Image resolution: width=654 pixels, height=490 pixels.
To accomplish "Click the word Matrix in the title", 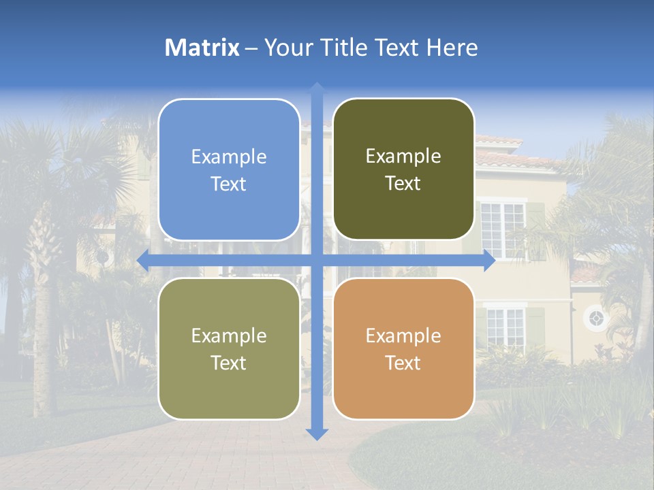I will coord(202,48).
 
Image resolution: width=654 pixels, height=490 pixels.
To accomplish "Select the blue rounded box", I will coord(229,169).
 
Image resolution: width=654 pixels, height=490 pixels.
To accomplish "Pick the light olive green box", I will coord(229,348).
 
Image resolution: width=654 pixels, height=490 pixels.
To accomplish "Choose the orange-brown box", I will coord(403,348).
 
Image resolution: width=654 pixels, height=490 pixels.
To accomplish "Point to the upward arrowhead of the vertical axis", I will coord(317,89).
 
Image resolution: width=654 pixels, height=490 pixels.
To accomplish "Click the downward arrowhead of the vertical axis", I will coord(317,434).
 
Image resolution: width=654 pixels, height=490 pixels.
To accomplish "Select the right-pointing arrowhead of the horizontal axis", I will coord(489,261).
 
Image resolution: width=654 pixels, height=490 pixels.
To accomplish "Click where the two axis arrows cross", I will coord(317,261).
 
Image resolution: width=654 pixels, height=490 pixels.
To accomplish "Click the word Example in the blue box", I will coord(229,157).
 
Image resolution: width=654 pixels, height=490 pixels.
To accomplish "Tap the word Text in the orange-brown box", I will coord(403,363).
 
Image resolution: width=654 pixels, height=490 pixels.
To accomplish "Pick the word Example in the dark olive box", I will coord(403,157).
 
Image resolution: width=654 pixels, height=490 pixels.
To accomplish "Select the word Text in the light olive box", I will coord(229,363).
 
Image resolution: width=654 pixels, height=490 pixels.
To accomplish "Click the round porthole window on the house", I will coord(595,318).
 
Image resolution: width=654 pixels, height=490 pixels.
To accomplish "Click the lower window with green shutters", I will coord(505,327).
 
